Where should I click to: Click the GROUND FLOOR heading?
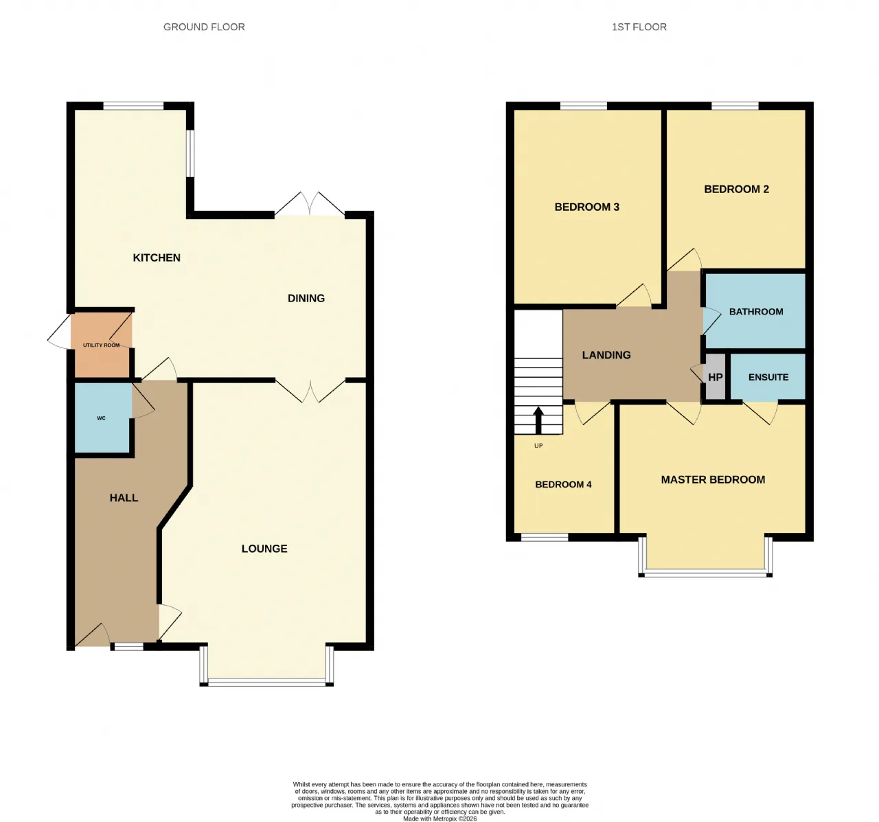(204, 27)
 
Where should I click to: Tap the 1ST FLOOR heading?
(639, 27)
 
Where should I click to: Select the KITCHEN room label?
(157, 258)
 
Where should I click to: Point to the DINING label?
(306, 298)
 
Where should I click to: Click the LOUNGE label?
(264, 549)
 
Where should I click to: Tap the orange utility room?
(102, 345)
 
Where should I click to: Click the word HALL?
(124, 498)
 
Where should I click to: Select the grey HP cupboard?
(716, 377)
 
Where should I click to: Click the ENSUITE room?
(768, 377)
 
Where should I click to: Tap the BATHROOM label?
(756, 312)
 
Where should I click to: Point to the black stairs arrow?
(538, 420)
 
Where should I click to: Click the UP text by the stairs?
(538, 446)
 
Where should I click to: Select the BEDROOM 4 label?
(563, 484)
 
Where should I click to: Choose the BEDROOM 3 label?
(587, 207)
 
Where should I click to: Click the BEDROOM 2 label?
(736, 190)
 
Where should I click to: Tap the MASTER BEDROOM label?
(713, 480)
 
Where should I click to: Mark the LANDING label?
(606, 355)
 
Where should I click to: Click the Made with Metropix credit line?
(439, 819)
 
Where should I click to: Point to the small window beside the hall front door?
(127, 647)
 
